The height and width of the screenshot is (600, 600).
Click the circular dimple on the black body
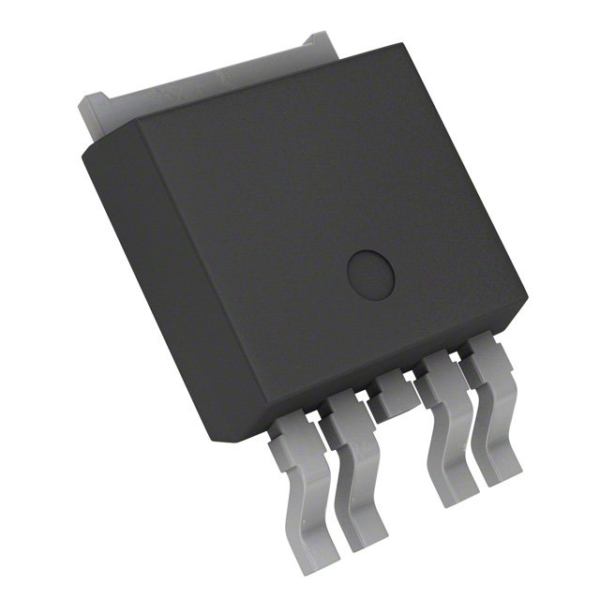tap(370, 273)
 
